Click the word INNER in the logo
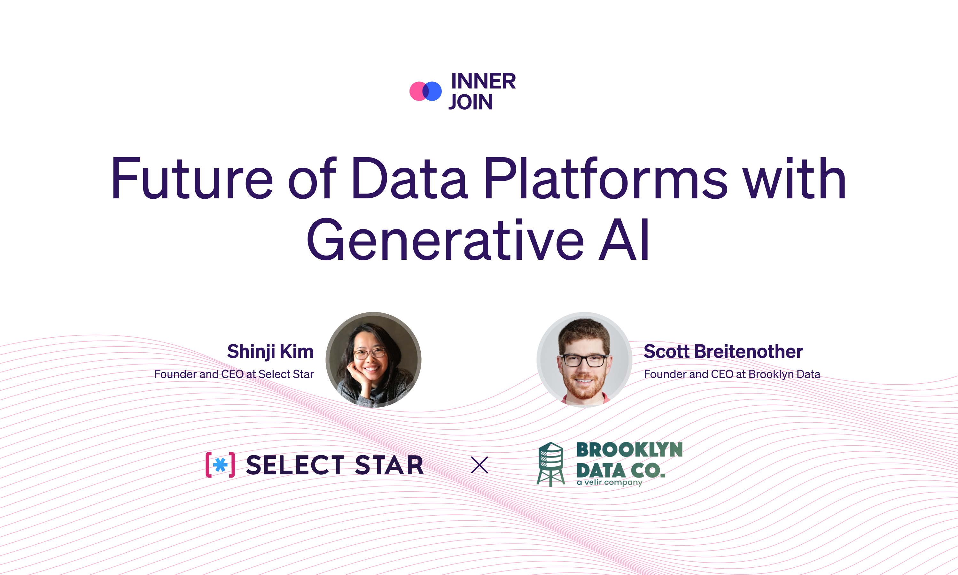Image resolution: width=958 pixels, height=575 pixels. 483,81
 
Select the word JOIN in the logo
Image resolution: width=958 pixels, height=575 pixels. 471,102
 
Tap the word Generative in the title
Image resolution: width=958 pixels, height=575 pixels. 445,240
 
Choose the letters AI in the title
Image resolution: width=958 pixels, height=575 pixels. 624,240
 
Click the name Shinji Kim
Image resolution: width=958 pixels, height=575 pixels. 270,352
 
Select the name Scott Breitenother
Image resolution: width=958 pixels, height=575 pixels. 723,351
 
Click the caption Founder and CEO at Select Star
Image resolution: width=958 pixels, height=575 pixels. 234,374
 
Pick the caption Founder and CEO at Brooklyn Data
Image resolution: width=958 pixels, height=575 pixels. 732,374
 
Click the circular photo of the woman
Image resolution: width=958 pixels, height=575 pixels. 373,360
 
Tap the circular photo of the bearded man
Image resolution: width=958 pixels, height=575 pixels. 584,360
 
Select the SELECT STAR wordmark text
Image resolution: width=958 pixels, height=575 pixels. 335,465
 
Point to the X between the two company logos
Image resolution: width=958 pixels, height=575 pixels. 479,465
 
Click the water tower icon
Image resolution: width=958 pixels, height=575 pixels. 550,464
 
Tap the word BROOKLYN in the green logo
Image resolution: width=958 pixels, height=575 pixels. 629,450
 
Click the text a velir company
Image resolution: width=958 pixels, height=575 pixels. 610,482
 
